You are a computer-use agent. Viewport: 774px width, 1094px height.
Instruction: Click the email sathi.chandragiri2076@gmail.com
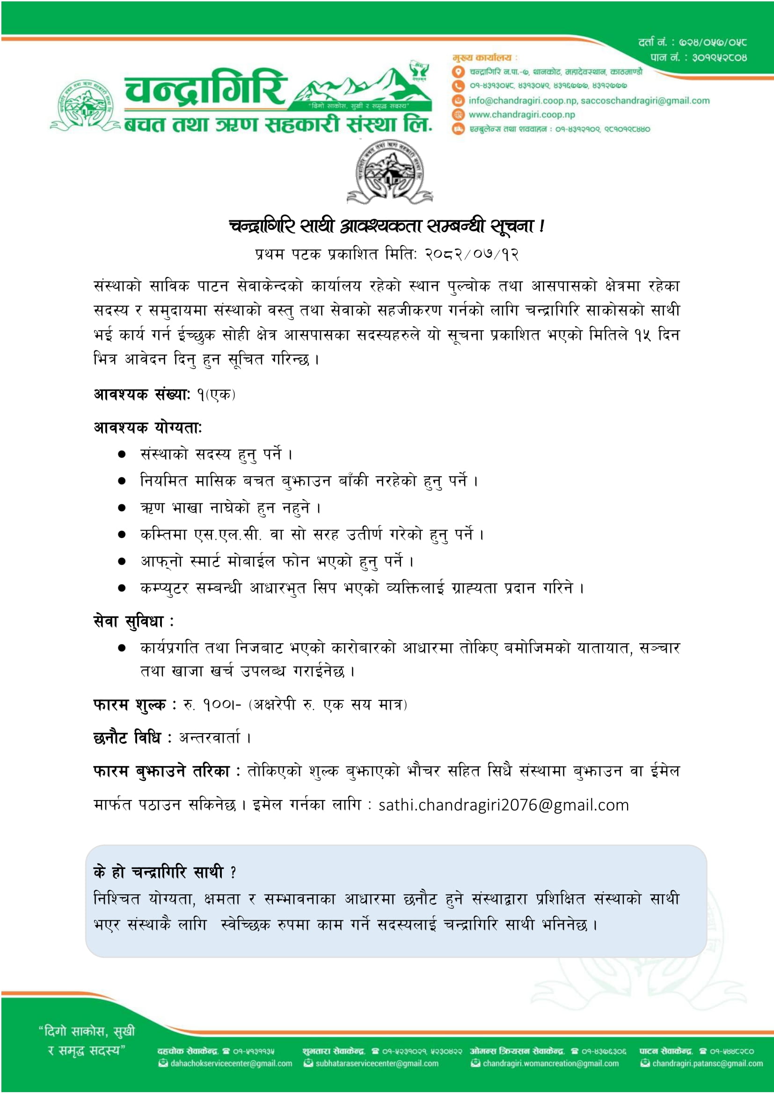(504, 805)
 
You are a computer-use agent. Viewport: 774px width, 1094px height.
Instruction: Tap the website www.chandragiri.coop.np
(521, 114)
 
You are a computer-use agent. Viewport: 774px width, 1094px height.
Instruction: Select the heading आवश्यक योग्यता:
(148, 427)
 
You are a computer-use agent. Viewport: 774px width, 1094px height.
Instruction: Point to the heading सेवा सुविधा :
(133, 621)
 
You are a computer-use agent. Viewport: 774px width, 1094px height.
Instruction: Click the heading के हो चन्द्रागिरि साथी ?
(164, 872)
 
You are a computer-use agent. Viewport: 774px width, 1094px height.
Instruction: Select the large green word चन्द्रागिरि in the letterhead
(206, 88)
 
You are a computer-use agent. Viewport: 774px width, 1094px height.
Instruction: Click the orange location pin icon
(458, 72)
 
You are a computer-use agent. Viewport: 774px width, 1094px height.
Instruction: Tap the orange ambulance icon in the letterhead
(458, 129)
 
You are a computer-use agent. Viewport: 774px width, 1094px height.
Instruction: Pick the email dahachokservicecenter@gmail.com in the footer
(231, 1063)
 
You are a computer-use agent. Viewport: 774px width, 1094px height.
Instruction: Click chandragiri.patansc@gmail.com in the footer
(707, 1063)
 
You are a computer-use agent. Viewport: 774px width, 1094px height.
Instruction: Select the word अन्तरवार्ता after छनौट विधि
(210, 737)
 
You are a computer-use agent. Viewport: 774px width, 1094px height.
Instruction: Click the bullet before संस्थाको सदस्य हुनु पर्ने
(122, 454)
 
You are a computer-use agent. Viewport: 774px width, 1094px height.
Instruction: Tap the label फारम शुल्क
(129, 704)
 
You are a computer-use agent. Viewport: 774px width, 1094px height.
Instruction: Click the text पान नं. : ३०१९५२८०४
(698, 58)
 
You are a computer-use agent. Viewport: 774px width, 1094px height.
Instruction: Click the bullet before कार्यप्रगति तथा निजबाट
(122, 648)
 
